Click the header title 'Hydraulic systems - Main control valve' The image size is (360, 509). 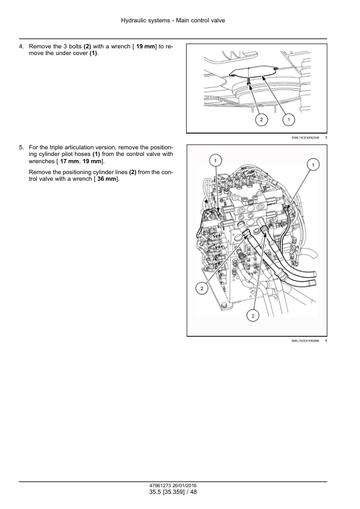173,21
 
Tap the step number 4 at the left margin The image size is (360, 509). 21,47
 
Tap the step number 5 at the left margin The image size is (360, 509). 21,148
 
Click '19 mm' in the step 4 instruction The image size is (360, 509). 146,47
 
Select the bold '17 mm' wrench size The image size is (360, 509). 69,161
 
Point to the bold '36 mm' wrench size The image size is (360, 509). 106,179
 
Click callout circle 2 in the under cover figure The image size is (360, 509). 262,120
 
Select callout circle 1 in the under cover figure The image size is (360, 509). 289,120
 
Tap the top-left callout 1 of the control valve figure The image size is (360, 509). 216,160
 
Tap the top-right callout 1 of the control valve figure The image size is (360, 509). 313,165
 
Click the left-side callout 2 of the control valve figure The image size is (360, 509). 202,288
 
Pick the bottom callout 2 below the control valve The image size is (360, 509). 253,315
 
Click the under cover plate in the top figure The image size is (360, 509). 252,72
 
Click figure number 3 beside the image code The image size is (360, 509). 326,138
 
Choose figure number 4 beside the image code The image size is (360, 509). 326,341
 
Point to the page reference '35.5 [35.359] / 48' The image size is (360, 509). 173,492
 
